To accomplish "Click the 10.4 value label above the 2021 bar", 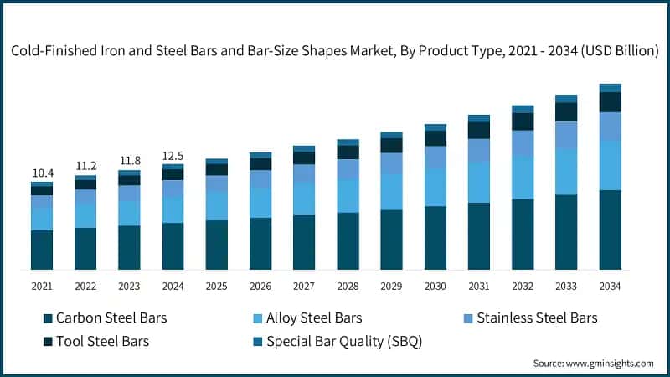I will (x=42, y=173).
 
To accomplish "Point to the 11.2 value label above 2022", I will (x=85, y=166).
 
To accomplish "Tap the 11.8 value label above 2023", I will (x=129, y=161).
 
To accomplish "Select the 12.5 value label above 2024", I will (x=173, y=155).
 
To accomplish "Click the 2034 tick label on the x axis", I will (x=610, y=286).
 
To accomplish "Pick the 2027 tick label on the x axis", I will (x=304, y=286).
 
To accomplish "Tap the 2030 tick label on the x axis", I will (x=435, y=286).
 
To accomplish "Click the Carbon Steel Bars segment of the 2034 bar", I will (x=610, y=230).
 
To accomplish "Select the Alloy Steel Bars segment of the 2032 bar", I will (x=523, y=177).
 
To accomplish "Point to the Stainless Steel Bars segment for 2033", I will (x=566, y=135).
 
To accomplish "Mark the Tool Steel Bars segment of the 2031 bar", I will (x=478, y=130).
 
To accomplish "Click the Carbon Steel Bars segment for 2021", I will (x=42, y=250).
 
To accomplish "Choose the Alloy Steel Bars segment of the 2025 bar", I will (x=216, y=205).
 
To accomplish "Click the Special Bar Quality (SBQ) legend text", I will (x=343, y=341).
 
